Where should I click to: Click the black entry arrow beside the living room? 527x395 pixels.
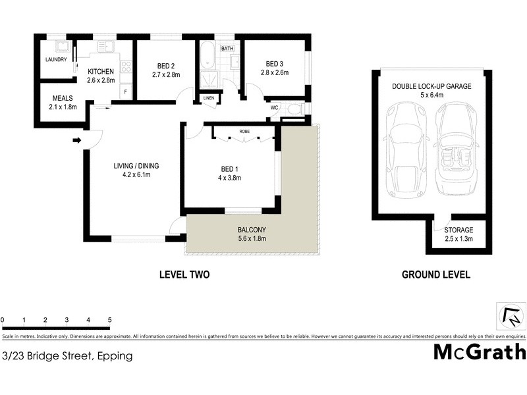click(x=76, y=140)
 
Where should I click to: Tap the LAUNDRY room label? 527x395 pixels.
click(x=57, y=59)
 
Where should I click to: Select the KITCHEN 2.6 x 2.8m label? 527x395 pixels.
click(x=101, y=76)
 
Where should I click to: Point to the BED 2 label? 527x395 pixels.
click(x=165, y=70)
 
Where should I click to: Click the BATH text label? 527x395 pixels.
click(x=227, y=49)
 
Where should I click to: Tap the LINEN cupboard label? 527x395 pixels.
click(x=209, y=99)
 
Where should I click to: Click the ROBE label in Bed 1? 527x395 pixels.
click(x=244, y=130)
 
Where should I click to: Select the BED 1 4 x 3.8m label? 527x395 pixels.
click(x=231, y=172)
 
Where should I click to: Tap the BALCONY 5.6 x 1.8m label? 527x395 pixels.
click(x=251, y=234)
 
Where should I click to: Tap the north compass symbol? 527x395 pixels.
click(x=510, y=317)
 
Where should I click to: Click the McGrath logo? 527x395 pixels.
click(x=479, y=352)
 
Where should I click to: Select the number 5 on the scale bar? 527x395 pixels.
click(x=109, y=320)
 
